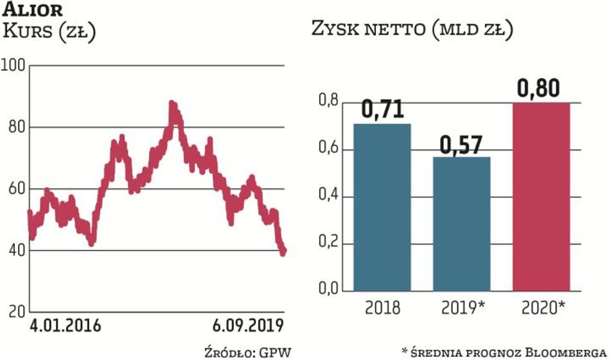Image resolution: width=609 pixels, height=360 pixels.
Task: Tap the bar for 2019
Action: tap(461, 224)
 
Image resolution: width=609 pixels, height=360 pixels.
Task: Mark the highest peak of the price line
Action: tap(172, 104)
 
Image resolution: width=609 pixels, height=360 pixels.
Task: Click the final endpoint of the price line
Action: tap(283, 251)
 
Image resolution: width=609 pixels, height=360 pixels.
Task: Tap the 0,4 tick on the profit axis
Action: tap(329, 197)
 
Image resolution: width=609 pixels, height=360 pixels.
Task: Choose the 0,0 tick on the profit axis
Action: tap(329, 290)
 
